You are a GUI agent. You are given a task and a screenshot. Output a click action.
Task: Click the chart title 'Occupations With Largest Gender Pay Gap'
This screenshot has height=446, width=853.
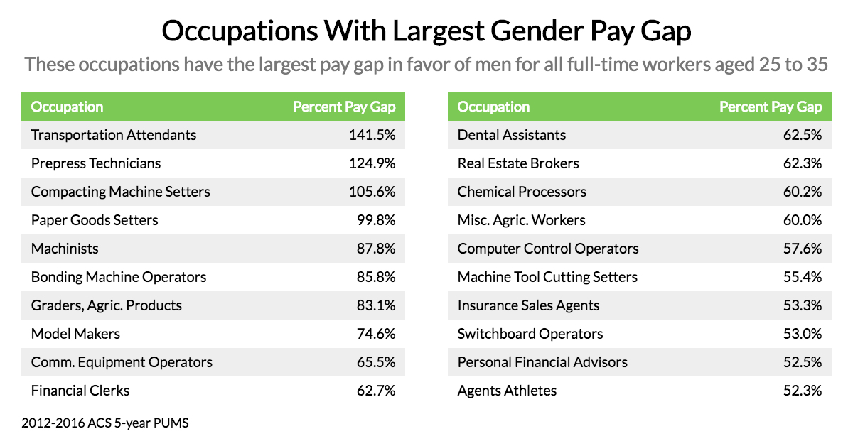[x=426, y=32]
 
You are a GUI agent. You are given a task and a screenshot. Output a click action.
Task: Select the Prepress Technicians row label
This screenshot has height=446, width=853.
[x=96, y=163]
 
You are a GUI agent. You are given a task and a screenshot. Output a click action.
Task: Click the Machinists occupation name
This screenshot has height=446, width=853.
[x=65, y=249]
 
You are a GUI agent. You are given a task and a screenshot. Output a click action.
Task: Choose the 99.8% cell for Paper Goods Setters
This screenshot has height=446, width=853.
[x=376, y=220]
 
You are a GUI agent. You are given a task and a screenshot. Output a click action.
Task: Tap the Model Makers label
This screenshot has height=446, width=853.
[x=75, y=334]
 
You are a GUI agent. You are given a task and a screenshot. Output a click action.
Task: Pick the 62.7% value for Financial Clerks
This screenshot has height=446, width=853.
[x=376, y=391]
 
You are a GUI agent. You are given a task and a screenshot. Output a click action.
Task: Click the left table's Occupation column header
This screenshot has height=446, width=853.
[x=68, y=107]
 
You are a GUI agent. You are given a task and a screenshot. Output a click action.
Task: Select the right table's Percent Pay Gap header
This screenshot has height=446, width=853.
[x=771, y=107]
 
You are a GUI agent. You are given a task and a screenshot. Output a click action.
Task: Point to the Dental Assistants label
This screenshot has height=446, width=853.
[x=512, y=135]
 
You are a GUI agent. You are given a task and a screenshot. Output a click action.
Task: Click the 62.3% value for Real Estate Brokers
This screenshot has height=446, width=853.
[x=803, y=163]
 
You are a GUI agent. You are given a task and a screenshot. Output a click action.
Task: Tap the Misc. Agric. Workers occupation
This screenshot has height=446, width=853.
[x=522, y=220]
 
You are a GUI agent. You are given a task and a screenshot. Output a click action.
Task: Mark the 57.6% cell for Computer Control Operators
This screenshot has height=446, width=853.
[x=803, y=249]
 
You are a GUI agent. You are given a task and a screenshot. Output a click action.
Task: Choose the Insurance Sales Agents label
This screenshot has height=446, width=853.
[x=528, y=305]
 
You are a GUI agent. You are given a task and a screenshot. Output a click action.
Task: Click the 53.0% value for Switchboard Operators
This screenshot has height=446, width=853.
[x=803, y=334]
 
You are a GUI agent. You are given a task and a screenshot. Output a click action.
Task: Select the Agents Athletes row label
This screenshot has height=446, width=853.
[x=507, y=391]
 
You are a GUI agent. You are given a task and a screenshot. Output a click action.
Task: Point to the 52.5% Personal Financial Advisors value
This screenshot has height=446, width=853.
[x=803, y=362]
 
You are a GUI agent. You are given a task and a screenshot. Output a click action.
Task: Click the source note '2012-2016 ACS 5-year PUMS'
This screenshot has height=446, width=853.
[x=105, y=423]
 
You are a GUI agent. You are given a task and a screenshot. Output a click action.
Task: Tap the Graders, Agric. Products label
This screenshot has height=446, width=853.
[x=107, y=305]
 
